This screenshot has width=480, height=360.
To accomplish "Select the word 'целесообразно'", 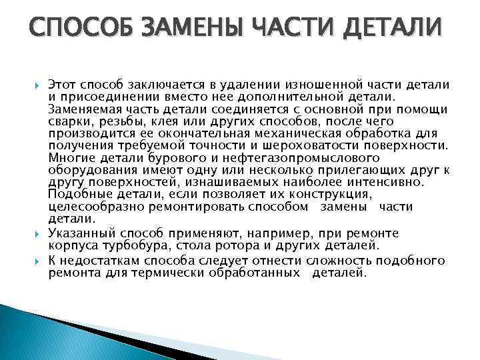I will [x=91, y=207].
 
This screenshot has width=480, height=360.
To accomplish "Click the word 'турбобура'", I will [x=127, y=245].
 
